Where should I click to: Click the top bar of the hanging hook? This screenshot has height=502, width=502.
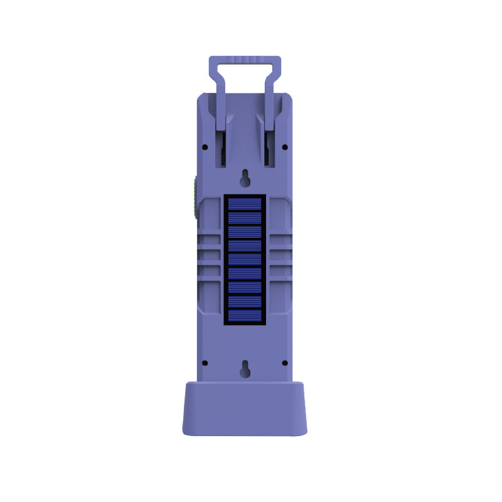point(245,60)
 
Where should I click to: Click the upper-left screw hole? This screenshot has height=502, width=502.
point(205,147)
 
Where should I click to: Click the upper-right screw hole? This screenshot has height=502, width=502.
point(284,147)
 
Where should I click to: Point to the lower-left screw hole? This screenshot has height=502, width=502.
point(205,363)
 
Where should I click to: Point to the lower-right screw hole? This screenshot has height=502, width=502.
point(284,363)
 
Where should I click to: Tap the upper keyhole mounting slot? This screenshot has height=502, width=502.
point(245,179)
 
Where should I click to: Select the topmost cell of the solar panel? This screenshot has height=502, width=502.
point(245,204)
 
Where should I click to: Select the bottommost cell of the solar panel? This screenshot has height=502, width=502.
point(245,316)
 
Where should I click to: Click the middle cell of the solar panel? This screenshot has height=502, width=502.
point(245,260)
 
